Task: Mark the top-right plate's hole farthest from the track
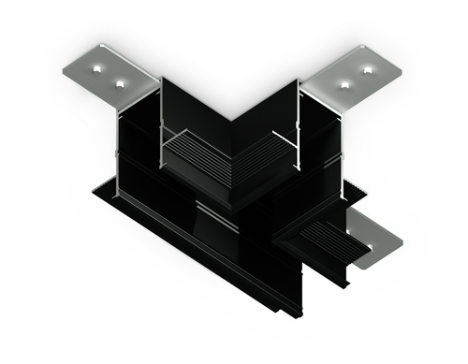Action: pos(367,67)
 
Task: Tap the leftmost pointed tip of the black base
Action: pos(94,194)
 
